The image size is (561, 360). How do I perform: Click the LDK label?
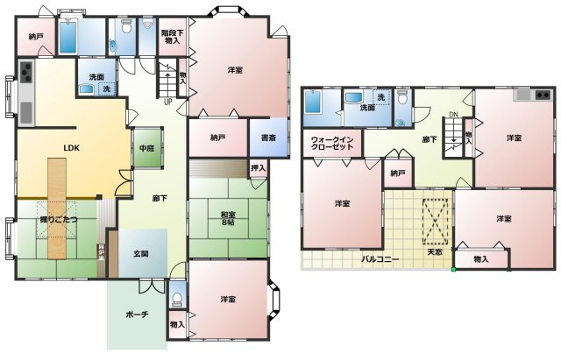[71, 149]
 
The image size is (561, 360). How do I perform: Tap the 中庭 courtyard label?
[147, 148]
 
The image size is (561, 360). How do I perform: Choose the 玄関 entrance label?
[141, 253]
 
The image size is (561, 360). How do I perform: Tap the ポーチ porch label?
[136, 314]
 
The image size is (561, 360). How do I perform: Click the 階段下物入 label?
[171, 37]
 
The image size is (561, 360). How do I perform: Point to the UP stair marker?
[167, 102]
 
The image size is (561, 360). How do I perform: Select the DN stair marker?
[452, 115]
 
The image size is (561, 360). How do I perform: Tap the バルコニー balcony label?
[380, 259]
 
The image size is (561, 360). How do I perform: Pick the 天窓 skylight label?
[435, 252]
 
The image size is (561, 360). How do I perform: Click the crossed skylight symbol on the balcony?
[435, 220]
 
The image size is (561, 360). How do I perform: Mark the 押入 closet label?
[258, 167]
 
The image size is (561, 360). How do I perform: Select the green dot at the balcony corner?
[453, 269]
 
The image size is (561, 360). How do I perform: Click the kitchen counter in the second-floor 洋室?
[532, 94]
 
